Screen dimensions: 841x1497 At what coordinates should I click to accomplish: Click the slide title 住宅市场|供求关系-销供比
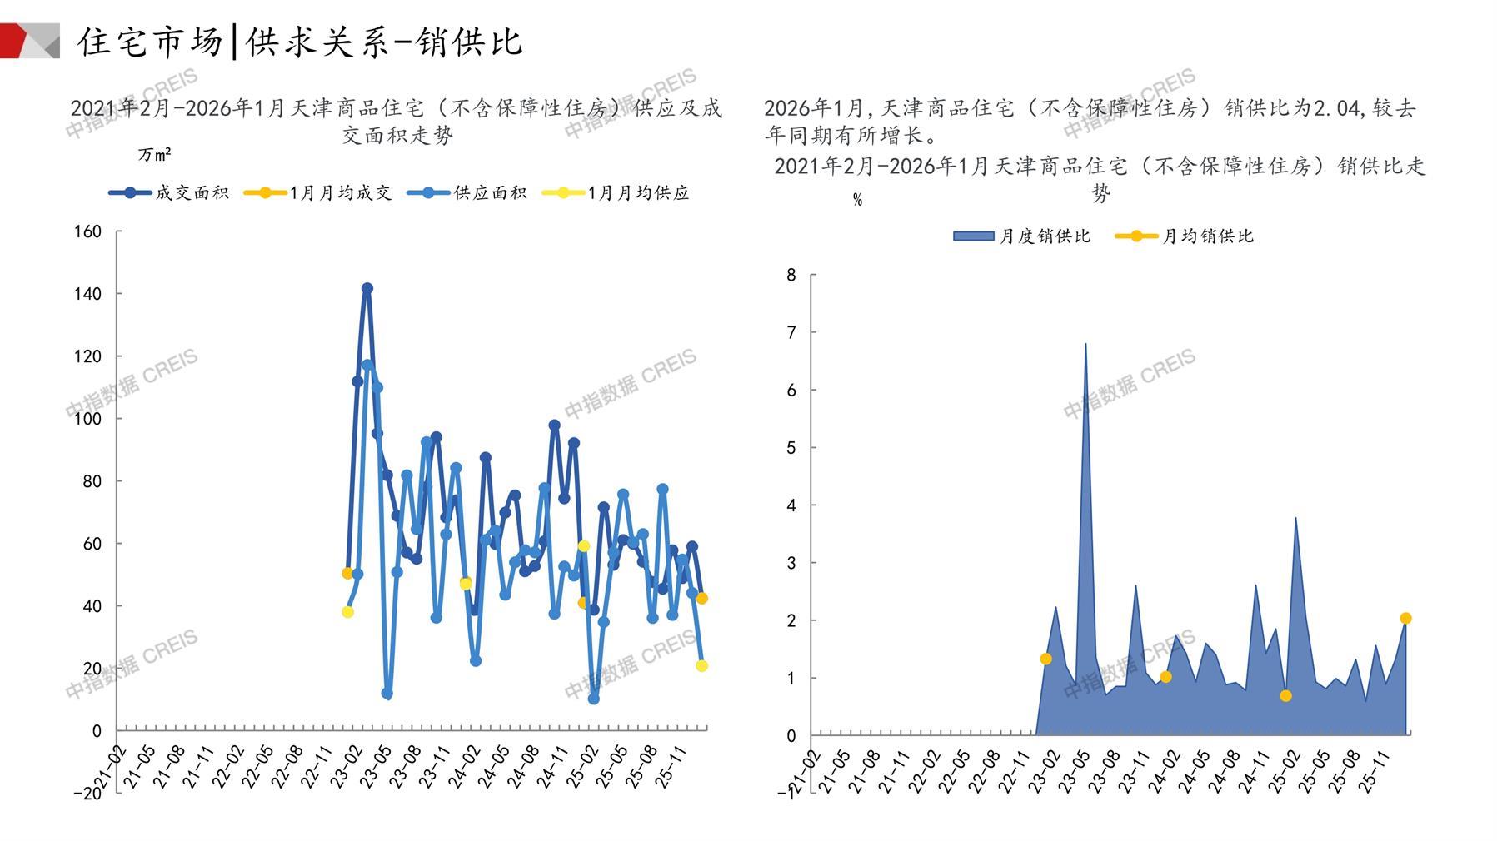tap(300, 42)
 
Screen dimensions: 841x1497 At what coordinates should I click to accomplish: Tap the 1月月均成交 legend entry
tap(318, 193)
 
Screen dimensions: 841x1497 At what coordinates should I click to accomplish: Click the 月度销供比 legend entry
tap(1022, 236)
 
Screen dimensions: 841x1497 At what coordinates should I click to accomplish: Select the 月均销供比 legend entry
tap(1185, 236)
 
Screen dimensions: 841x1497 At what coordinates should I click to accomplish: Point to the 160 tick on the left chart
tap(88, 231)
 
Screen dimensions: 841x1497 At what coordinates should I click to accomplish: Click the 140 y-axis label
tap(88, 294)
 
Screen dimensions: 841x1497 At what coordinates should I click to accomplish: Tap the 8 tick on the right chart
tap(791, 275)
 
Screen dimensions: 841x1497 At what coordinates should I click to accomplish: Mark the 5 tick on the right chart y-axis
tap(791, 448)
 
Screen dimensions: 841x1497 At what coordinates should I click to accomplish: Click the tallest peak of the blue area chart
tap(1085, 344)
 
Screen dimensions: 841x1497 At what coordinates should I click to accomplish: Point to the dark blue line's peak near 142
tap(367, 288)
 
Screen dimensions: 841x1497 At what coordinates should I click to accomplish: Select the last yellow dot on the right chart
tap(1405, 618)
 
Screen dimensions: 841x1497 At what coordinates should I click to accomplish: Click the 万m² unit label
tap(155, 155)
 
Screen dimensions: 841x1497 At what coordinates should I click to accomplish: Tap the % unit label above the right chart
tap(857, 200)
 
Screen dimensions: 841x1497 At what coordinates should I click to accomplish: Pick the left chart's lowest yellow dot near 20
tap(701, 666)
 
